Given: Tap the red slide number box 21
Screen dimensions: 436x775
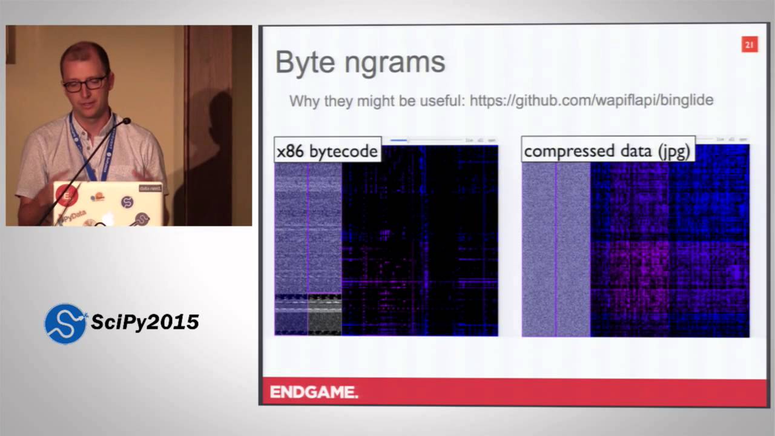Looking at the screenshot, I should click(749, 45).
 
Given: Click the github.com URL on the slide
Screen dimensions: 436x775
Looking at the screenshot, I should click(591, 100).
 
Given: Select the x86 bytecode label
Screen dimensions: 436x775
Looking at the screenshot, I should click(328, 151).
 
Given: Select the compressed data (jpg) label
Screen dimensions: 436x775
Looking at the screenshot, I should click(607, 151).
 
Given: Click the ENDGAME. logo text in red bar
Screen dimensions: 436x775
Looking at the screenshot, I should click(314, 392).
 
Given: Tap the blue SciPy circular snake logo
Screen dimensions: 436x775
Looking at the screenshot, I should click(65, 323).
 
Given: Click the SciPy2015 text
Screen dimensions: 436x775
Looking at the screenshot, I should click(145, 322).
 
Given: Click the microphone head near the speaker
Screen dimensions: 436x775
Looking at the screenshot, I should click(125, 122).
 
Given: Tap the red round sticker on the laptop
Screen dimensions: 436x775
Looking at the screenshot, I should click(67, 195).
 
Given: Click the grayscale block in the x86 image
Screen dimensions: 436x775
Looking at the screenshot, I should click(325, 315).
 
